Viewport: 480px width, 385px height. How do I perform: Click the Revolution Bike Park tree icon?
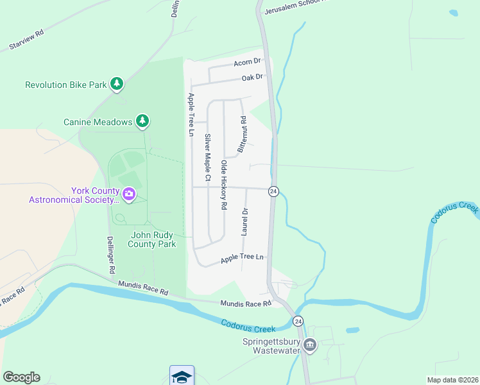click(116, 84)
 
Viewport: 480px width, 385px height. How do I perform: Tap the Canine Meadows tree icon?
click(142, 121)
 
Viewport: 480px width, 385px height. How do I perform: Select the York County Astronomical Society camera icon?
click(128, 194)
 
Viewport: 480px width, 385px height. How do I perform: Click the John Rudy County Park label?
click(152, 239)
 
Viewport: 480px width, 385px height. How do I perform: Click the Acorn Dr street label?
click(247, 62)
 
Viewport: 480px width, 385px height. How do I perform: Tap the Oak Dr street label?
click(252, 77)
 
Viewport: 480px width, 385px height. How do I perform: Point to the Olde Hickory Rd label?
click(224, 185)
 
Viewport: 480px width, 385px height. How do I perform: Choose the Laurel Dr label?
click(244, 221)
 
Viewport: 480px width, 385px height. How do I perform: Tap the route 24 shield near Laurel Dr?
click(273, 192)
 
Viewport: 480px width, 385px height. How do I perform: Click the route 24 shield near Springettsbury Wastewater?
click(298, 320)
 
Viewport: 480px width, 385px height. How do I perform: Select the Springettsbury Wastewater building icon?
click(310, 345)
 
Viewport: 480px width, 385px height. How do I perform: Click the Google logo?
click(21, 377)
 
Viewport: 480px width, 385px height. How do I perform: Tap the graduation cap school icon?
click(182, 376)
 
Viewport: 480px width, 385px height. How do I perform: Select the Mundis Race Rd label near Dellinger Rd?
click(143, 287)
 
